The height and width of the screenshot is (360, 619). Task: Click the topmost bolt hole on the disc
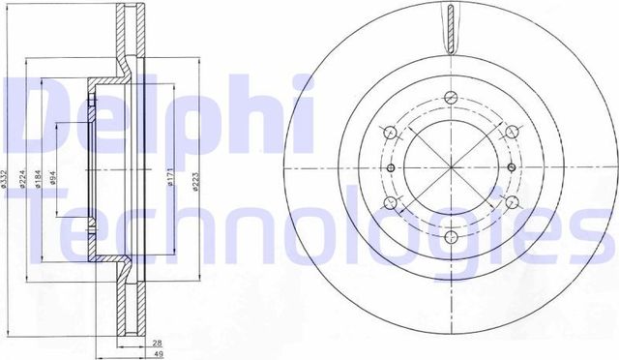point(451,97)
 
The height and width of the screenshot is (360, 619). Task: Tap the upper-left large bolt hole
point(389,133)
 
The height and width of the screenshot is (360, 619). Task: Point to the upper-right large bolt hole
point(512,133)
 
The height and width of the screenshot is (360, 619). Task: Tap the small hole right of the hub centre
point(509,167)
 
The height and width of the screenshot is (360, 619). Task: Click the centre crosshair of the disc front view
point(451,167)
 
